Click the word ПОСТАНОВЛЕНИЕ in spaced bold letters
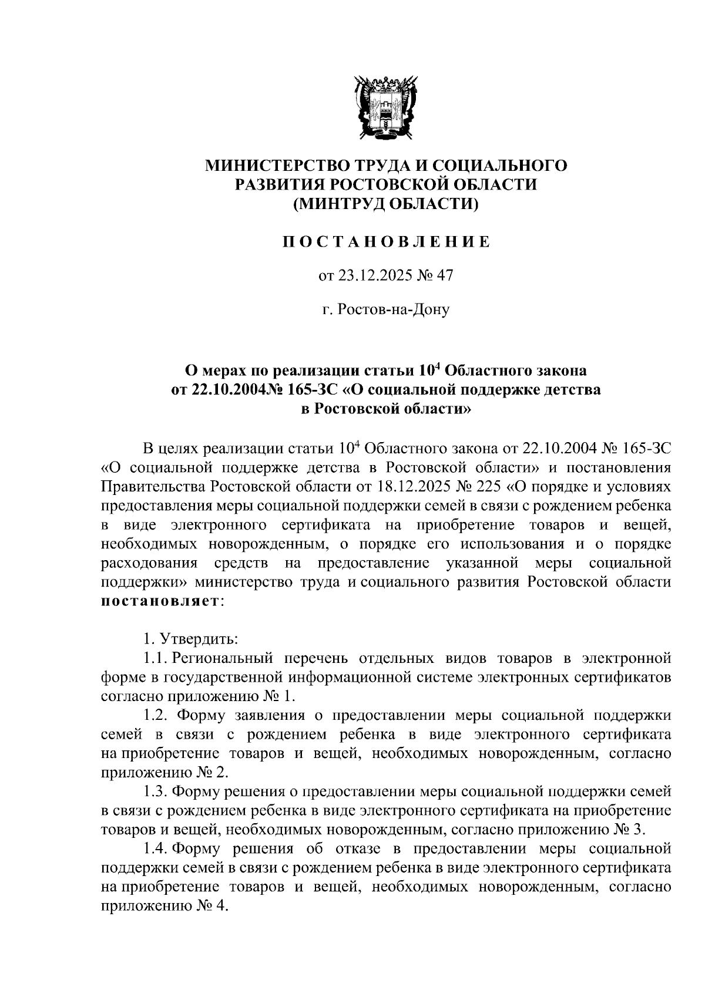click(x=385, y=242)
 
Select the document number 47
click(x=445, y=275)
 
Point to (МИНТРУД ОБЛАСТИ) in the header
click(x=386, y=204)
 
